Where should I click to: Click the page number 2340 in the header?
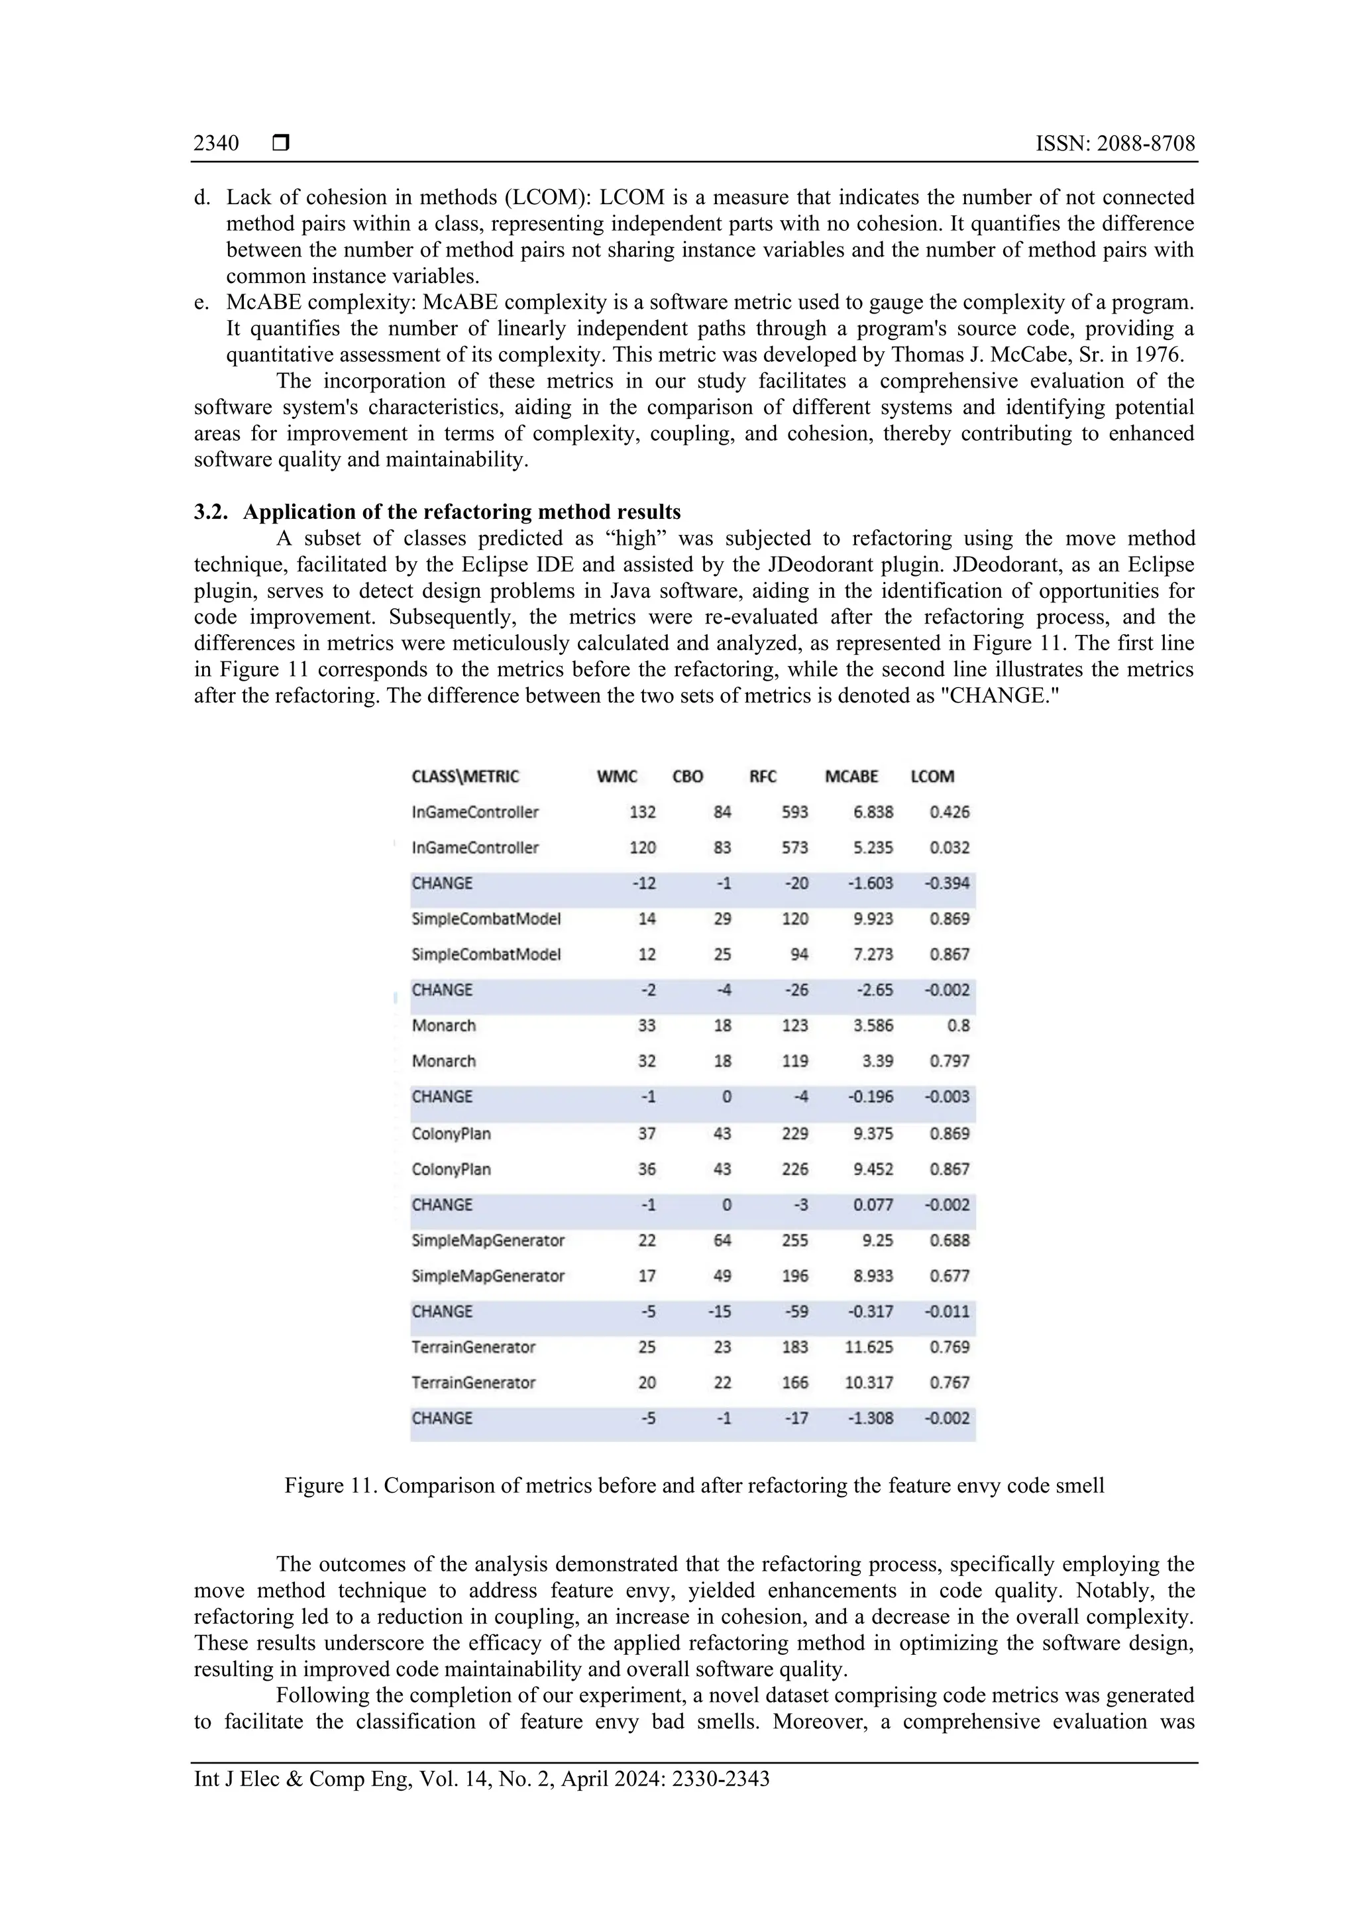216,144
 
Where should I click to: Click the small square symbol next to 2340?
281,144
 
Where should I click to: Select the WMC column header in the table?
617,776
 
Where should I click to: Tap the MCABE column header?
851,776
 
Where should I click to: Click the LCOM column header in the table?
932,776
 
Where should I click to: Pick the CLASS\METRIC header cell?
465,776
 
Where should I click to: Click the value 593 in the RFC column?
794,812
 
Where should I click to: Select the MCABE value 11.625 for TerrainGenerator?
869,1347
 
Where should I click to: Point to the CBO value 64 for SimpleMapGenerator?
722,1240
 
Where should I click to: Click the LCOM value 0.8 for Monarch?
958,1025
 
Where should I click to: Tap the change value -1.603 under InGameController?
871,883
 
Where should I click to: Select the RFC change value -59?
795,1311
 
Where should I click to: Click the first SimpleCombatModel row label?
486,919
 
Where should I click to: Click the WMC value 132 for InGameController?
642,812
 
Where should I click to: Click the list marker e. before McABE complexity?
201,302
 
